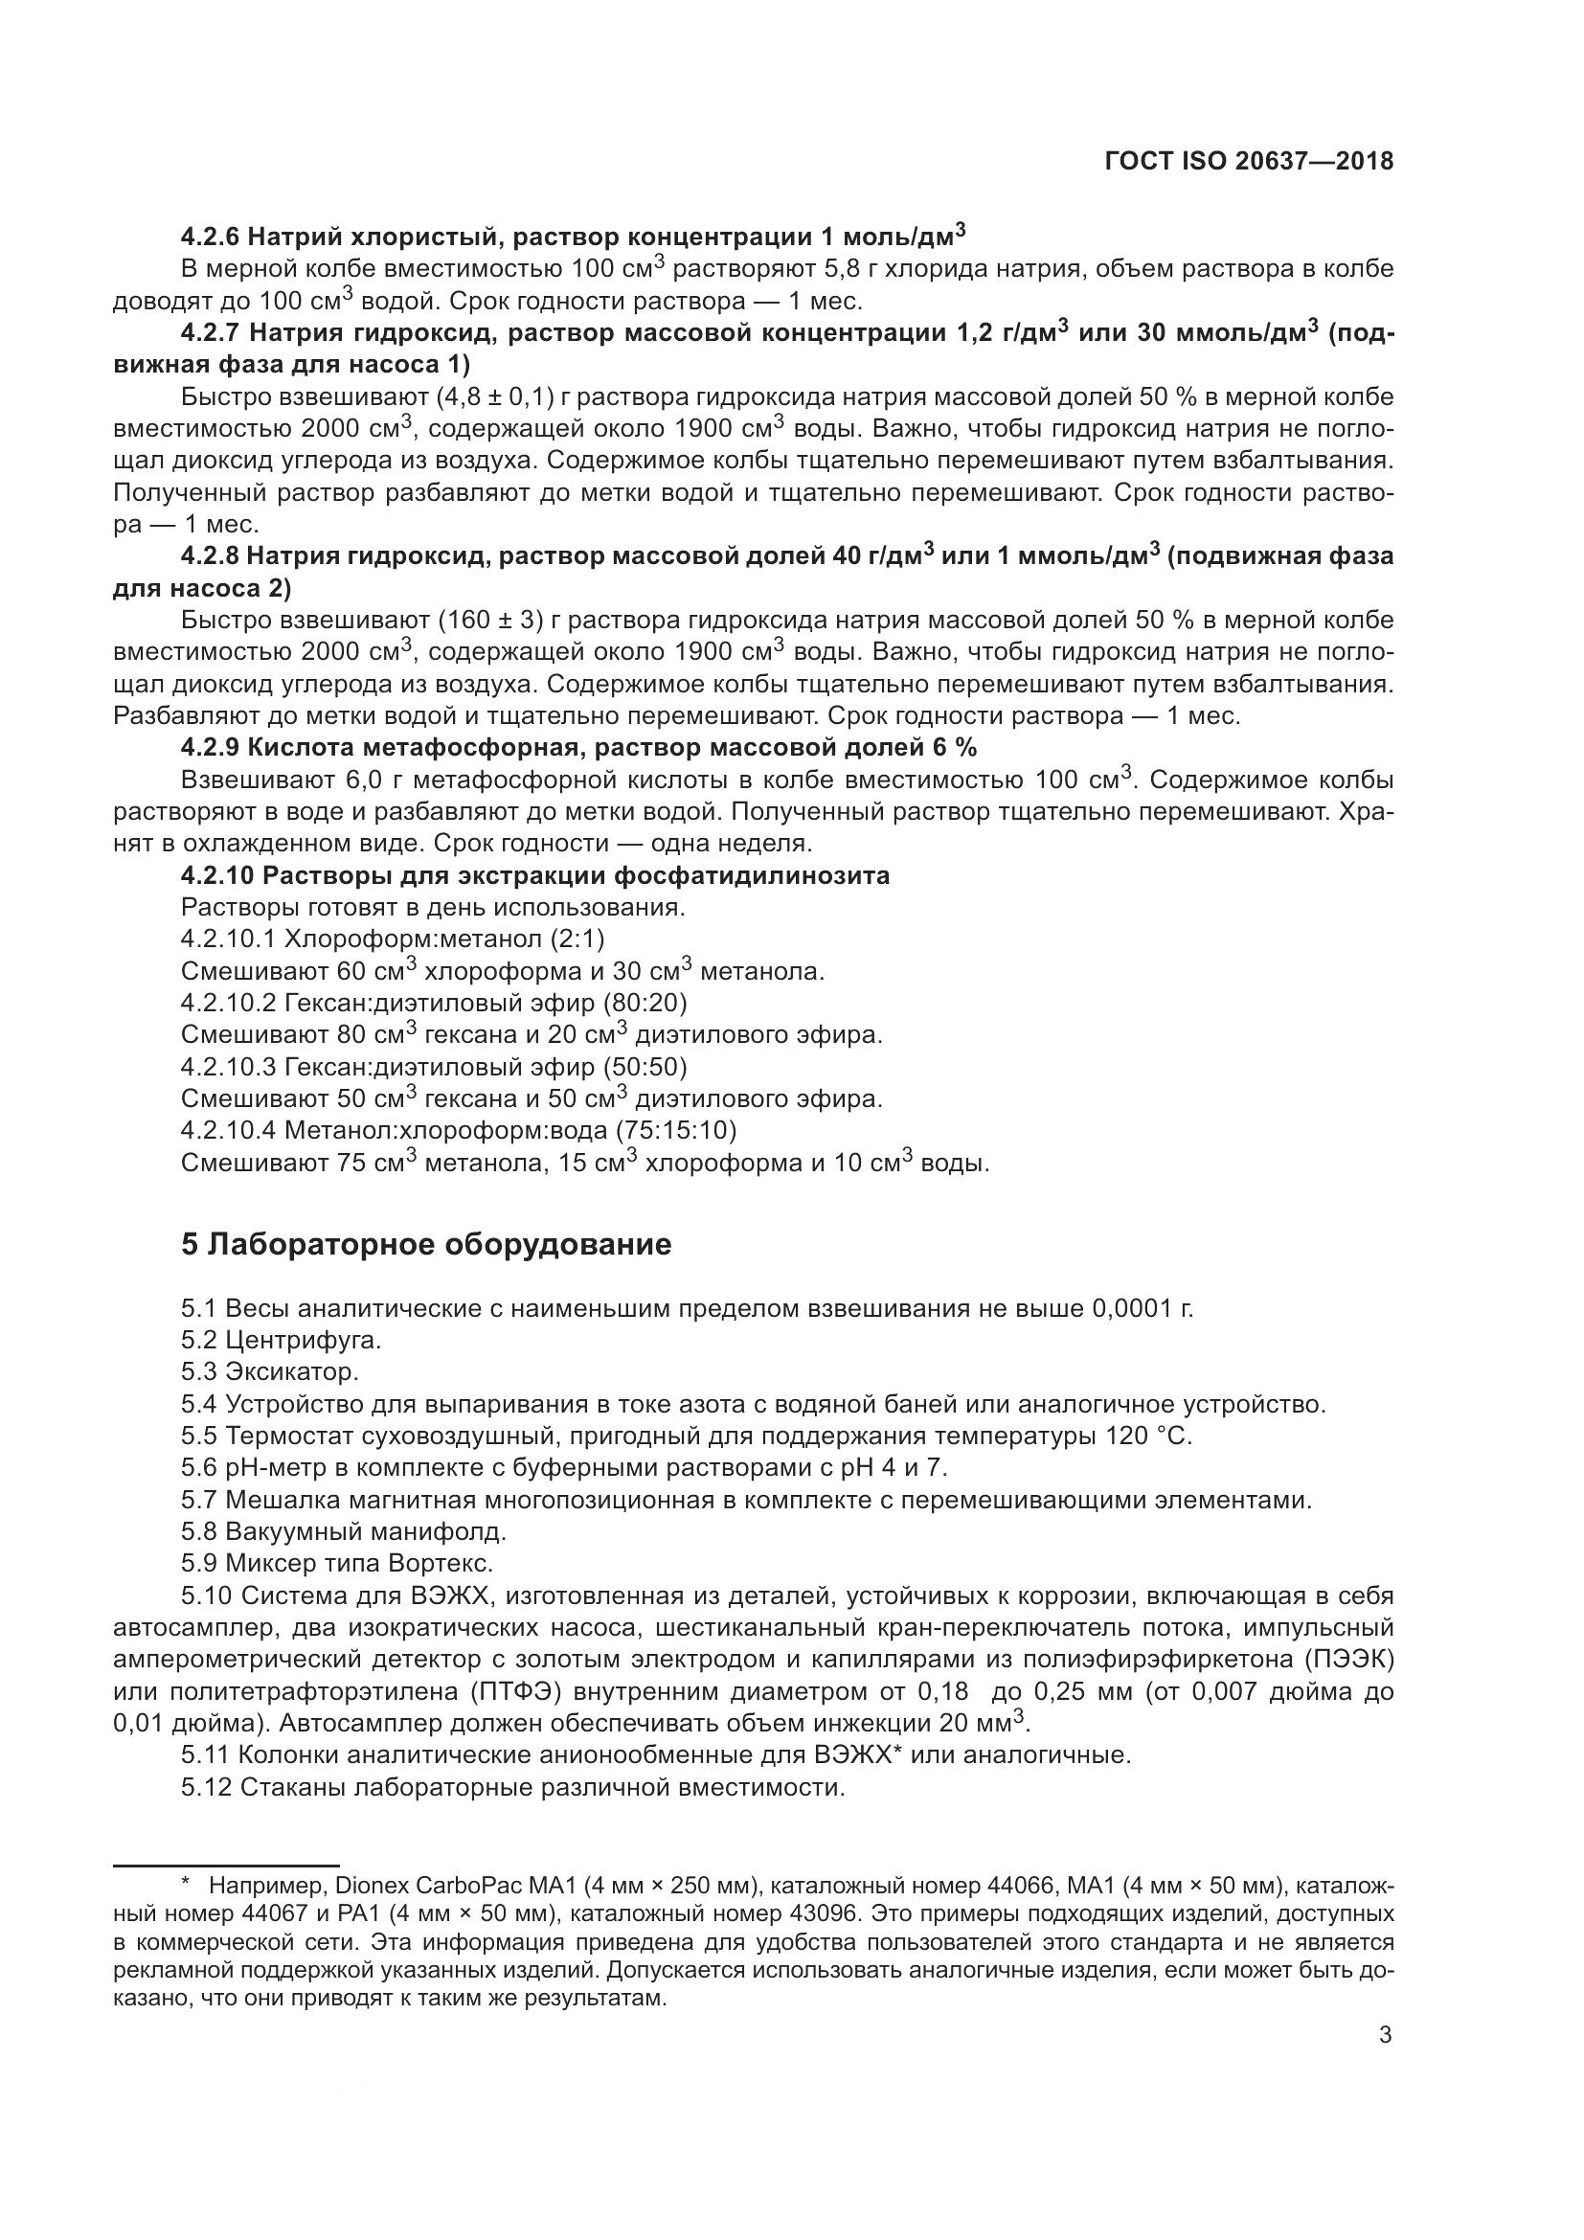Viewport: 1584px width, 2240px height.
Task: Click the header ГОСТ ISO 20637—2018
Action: point(1249,161)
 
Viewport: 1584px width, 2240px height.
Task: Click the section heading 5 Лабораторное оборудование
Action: point(426,1245)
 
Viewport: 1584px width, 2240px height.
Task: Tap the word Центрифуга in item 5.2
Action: point(304,1341)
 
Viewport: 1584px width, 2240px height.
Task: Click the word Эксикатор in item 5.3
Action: point(293,1371)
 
